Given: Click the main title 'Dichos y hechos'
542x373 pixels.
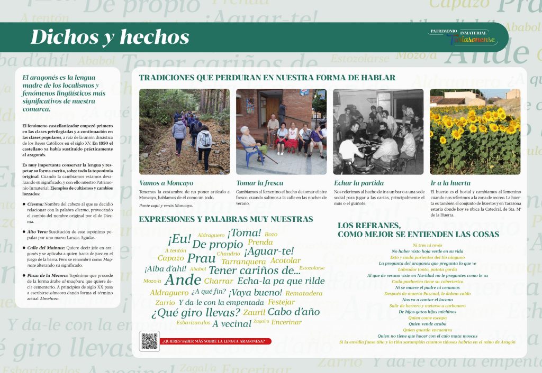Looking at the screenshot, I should click(110, 37).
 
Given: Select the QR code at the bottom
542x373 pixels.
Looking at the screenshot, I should click(149, 341).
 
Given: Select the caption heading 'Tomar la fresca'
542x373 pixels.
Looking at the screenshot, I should click(259, 183).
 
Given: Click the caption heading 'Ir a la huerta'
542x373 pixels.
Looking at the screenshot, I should click(450, 183).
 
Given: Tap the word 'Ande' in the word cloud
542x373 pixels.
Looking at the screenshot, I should click(183, 280).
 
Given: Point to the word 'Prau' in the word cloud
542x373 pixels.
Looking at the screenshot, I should click(201, 258).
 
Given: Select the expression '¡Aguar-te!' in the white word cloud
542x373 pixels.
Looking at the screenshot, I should click(268, 251).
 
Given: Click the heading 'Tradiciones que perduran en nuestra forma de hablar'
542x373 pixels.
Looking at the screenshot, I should click(267, 78).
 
